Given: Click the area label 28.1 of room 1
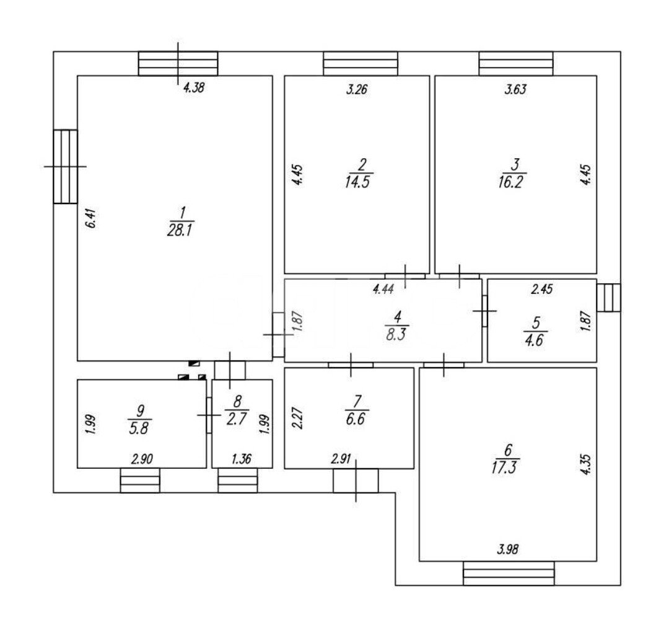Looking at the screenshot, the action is point(180,231).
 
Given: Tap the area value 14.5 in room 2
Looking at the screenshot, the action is point(357,182).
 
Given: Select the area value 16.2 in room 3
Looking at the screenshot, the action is point(510,182).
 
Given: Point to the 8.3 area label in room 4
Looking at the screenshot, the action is point(396,334).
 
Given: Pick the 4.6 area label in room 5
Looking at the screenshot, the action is point(535,340).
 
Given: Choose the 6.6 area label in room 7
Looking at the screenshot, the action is point(356,419).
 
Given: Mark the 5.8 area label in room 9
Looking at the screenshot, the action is point(139,428).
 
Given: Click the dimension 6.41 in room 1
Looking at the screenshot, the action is point(91,218).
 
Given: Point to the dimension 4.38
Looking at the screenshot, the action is point(194,88).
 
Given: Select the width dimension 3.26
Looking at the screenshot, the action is point(357,90).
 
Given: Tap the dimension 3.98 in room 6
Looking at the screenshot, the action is point(508,549).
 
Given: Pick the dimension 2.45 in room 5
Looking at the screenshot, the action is point(542,290).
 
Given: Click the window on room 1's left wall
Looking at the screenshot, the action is point(65,167).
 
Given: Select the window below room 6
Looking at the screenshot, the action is point(509,573).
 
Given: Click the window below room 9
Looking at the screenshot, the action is point(140,481).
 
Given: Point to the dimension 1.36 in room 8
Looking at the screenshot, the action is point(242,459).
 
